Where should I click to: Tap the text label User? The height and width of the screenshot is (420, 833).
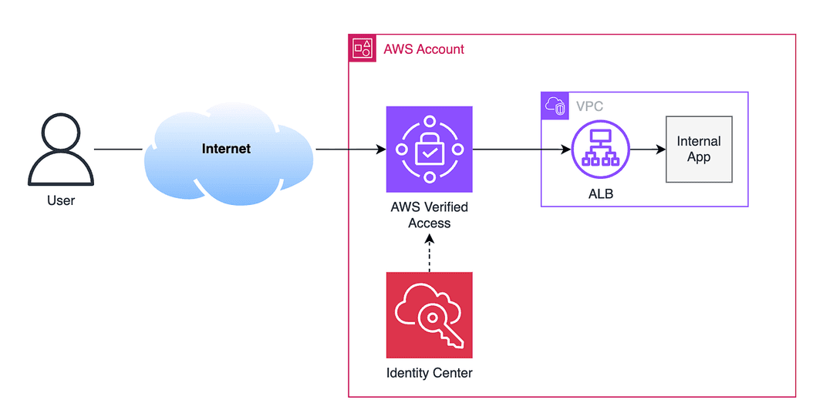(x=61, y=200)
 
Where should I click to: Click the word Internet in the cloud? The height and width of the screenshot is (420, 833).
(x=226, y=149)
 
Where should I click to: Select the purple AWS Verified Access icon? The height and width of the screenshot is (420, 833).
(x=430, y=150)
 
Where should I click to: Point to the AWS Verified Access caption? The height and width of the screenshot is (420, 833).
(x=430, y=215)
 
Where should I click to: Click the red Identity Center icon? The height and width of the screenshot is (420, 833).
(x=430, y=315)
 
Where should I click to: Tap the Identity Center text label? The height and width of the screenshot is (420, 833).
(x=430, y=373)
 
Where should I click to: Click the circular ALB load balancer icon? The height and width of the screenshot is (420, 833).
(x=600, y=150)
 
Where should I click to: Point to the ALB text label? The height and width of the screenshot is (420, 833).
(x=600, y=194)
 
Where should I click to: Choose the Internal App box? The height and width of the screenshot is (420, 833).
(x=699, y=150)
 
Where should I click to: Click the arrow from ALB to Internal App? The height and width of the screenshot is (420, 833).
(x=648, y=150)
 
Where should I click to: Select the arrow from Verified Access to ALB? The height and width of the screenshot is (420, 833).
(x=521, y=150)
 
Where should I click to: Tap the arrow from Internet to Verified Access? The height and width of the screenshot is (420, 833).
(x=351, y=150)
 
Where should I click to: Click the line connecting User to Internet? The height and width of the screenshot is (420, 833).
(x=119, y=150)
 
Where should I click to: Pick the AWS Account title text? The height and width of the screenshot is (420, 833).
(x=424, y=49)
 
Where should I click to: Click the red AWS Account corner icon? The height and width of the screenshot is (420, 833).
(x=363, y=49)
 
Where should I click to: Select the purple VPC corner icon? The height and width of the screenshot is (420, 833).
(x=555, y=106)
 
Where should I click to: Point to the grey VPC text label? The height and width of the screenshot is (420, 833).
(x=590, y=106)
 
